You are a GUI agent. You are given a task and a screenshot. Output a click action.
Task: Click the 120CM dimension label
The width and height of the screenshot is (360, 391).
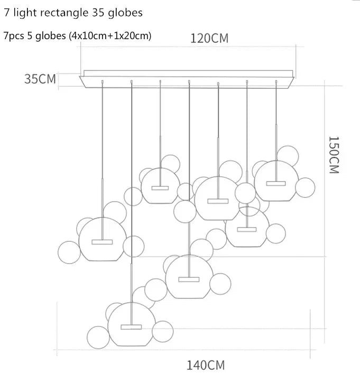[210, 39]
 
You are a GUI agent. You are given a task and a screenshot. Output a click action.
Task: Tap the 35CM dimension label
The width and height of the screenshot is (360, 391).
[40, 79]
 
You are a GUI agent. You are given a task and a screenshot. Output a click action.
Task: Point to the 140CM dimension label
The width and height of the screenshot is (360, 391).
[205, 365]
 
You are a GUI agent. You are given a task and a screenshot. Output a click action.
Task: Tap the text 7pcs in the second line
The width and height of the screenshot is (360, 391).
[13, 36]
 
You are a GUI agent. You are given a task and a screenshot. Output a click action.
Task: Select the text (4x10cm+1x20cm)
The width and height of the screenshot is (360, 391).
[114, 36]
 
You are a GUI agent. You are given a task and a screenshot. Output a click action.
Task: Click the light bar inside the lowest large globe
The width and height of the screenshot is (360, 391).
[131, 326]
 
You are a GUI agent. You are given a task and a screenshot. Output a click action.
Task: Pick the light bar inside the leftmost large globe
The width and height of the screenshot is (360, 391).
[102, 242]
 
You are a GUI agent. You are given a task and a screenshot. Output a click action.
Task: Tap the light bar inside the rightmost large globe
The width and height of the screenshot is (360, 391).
[276, 183]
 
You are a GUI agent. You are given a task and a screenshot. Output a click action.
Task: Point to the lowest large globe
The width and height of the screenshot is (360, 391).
[131, 324]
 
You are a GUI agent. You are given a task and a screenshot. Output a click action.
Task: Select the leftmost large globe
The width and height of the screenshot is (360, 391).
[102, 239]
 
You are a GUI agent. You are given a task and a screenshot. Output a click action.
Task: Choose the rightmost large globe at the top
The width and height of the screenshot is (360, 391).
[275, 180]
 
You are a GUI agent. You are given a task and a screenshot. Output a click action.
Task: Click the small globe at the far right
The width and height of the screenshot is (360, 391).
[304, 186]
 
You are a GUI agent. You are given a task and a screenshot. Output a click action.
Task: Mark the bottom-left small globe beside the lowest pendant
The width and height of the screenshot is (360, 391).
[98, 337]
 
